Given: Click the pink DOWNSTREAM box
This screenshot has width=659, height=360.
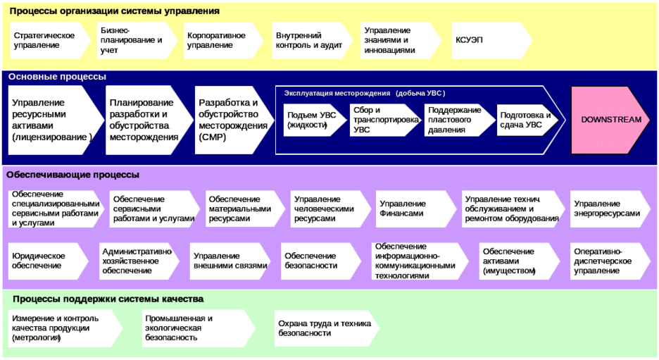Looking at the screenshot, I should [x=610, y=120].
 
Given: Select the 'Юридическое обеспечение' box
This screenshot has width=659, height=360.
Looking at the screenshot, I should [x=46, y=260].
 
